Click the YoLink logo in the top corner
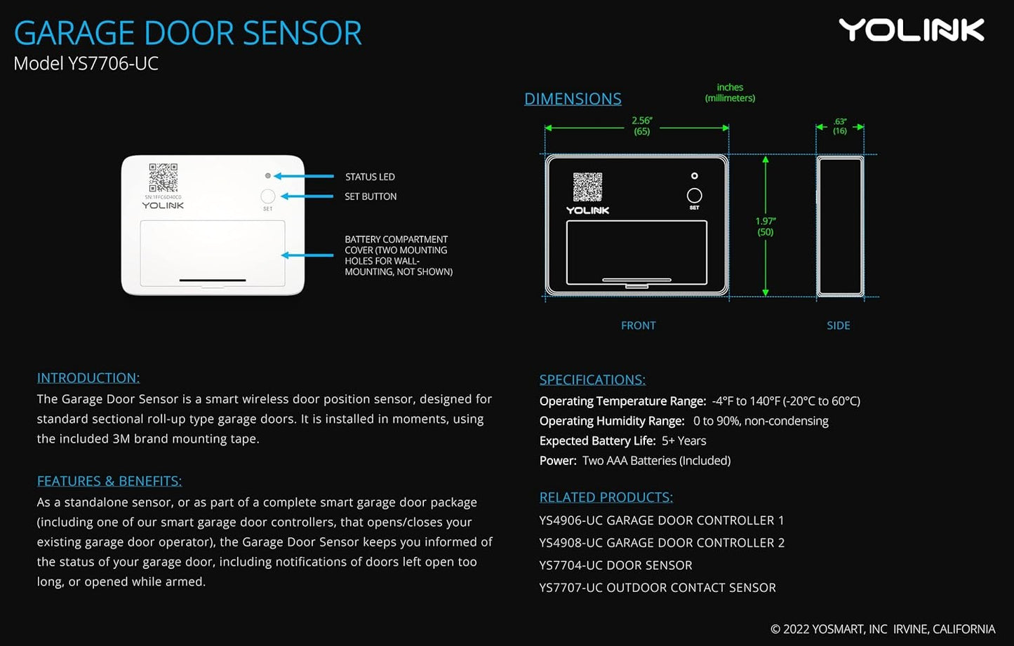pos(912,30)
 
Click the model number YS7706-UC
pos(113,64)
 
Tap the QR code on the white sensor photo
pos(163,178)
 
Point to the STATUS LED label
pos(370,177)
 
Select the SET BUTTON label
pos(371,197)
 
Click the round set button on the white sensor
pos(267,196)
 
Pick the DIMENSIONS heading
pos(573,99)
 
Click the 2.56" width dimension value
pos(641,121)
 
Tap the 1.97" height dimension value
pos(766,222)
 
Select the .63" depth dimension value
pos(840,122)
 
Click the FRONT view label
pos(638,325)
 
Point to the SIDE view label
pos(838,325)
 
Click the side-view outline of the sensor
pos(839,226)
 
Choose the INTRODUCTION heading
pos(88,378)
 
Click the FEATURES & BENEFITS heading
pos(109,481)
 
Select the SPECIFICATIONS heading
pos(592,380)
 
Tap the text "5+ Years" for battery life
pos(683,441)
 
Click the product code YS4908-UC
pos(571,543)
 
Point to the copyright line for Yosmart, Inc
pos(882,629)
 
